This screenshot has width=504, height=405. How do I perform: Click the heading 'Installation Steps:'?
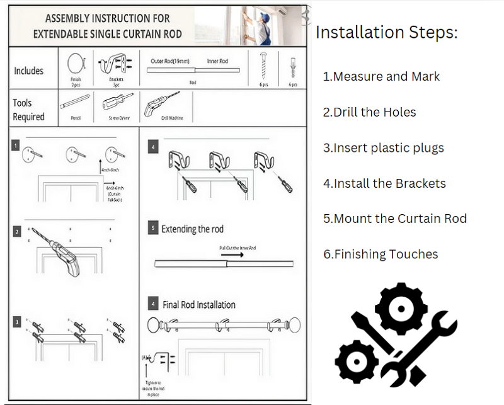point(386,32)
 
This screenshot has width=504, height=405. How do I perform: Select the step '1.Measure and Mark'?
point(381,76)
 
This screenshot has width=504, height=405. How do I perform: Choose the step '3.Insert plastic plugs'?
point(383,148)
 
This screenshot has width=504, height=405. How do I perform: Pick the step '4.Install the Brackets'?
point(384,183)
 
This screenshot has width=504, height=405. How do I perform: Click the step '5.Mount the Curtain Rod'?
point(395,219)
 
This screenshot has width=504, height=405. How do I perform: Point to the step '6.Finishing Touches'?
point(381,254)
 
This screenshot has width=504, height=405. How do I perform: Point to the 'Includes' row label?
point(29,71)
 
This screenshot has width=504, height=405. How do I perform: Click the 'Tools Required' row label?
point(29,110)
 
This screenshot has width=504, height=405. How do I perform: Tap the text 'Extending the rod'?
point(192,229)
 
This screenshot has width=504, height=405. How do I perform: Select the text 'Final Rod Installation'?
point(199,305)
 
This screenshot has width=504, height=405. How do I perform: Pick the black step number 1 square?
point(15,146)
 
